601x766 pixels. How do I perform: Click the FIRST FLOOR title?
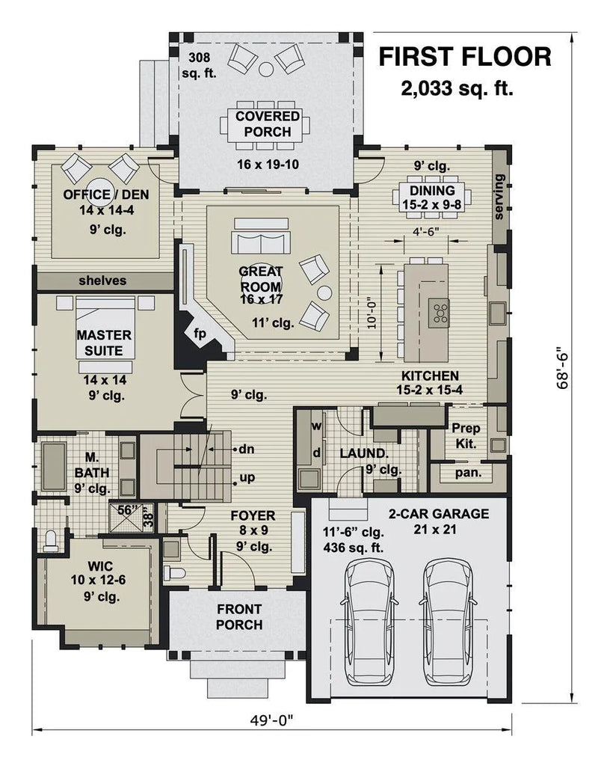point(465,57)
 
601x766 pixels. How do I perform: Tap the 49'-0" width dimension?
point(272,720)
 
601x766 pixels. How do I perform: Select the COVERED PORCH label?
point(268,124)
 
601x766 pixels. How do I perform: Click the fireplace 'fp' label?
point(200,334)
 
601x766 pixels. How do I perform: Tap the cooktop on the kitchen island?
point(439,313)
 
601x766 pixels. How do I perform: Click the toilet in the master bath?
point(51,541)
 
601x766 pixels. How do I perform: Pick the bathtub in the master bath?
point(54,466)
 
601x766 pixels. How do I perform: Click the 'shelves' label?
point(102,281)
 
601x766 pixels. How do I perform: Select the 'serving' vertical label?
point(499,197)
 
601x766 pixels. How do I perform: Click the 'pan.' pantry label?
point(468,473)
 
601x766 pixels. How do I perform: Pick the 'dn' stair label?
point(247,449)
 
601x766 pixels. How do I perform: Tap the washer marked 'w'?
point(317,426)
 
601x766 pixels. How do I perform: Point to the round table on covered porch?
point(266,70)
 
